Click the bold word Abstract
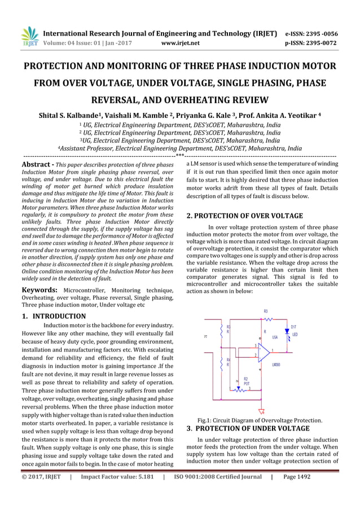click(x=35, y=165)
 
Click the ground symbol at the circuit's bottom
click(x=261, y=411)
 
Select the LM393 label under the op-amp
click(x=276, y=365)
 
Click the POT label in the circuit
click(x=246, y=383)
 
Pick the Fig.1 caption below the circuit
click(x=260, y=420)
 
